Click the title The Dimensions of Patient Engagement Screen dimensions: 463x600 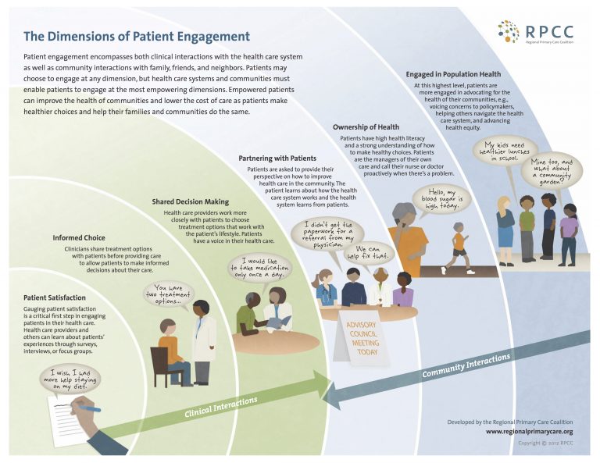point(137,36)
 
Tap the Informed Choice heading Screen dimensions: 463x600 point(79,237)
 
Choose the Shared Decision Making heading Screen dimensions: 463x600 point(190,201)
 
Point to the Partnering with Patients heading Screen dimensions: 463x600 point(277,158)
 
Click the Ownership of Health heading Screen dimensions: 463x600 point(366,126)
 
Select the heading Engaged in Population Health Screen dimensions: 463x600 point(454,74)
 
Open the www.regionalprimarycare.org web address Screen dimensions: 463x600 point(529,431)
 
